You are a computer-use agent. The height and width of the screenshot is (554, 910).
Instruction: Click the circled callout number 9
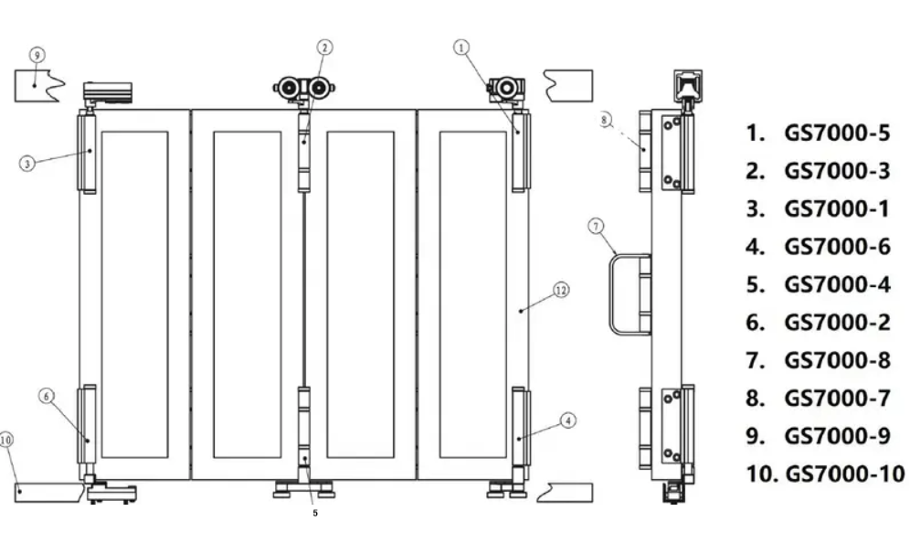click(37, 56)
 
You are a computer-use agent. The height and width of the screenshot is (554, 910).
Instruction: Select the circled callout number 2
click(326, 46)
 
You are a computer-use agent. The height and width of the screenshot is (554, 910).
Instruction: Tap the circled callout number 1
click(462, 45)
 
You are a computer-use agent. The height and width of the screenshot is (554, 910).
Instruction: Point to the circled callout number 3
click(28, 164)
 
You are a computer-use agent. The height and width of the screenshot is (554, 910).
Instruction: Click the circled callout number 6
click(47, 396)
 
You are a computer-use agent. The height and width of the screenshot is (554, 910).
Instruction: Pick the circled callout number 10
click(7, 440)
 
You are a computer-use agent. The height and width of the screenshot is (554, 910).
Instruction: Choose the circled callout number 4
click(567, 421)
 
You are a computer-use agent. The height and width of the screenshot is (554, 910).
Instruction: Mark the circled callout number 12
click(562, 290)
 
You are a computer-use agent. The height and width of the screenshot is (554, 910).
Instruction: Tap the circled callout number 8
click(605, 120)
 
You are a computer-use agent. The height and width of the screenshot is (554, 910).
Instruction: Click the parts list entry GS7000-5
click(818, 133)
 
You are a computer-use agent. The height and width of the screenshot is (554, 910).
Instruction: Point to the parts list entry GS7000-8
click(818, 360)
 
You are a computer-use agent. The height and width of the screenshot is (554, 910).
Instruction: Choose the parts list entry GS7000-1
click(818, 209)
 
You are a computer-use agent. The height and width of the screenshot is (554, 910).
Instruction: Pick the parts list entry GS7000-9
click(818, 436)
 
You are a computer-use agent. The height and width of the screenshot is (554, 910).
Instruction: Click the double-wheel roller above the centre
click(305, 89)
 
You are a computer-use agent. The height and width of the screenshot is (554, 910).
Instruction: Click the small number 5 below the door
click(315, 514)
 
